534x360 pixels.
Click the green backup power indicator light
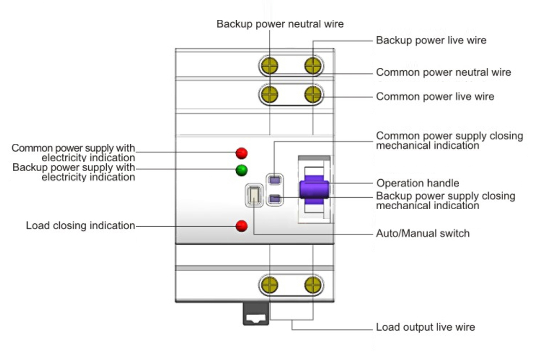pyautogui.click(x=241, y=170)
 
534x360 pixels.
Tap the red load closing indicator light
pyautogui.click(x=241, y=225)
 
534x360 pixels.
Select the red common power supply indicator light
pyautogui.click(x=241, y=153)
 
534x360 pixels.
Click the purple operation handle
pyautogui.click(x=314, y=190)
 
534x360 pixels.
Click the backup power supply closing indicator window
pyautogui.click(x=275, y=199)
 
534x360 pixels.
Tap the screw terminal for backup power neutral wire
pyautogui.click(x=270, y=66)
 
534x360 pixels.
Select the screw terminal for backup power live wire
pyautogui.click(x=313, y=66)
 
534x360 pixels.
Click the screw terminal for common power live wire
pyautogui.click(x=313, y=94)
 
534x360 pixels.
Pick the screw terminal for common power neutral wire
pyautogui.click(x=270, y=94)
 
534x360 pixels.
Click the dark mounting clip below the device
pyautogui.click(x=256, y=314)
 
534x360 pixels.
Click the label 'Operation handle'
pyautogui.click(x=418, y=183)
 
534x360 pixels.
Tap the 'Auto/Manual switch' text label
pyautogui.click(x=423, y=233)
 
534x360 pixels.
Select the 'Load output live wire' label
pyautogui.click(x=425, y=327)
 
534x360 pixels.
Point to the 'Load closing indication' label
pyautogui.click(x=80, y=225)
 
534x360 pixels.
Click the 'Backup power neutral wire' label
pyautogui.click(x=280, y=24)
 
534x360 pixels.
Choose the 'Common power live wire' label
pyautogui.click(x=435, y=97)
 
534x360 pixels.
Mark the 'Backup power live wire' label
pyautogui.click(x=431, y=40)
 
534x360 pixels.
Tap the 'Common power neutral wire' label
pyautogui.click(x=444, y=72)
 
